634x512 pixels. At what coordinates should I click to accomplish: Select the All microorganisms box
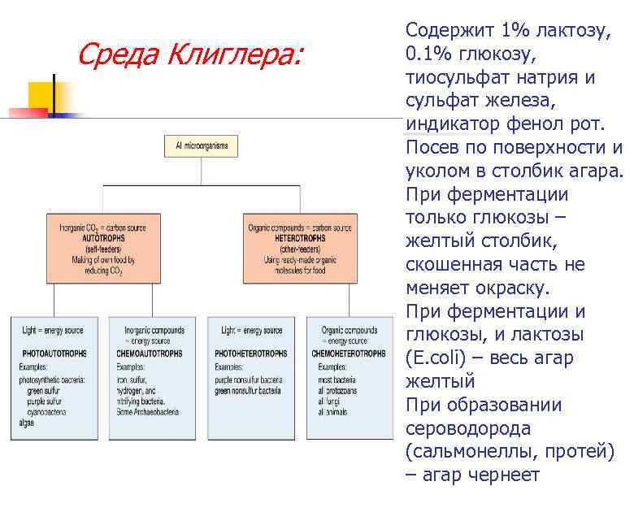(x=202, y=146)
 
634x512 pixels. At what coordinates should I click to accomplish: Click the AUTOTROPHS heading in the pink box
(x=102, y=239)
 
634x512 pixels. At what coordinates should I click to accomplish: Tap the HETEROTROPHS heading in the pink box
(x=299, y=239)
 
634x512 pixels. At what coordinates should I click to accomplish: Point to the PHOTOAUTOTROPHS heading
(x=54, y=354)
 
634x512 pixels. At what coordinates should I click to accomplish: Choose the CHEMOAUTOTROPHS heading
(x=154, y=354)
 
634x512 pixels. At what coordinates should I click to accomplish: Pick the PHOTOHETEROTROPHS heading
(x=251, y=354)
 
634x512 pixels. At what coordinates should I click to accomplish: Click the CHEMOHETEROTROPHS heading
(x=350, y=354)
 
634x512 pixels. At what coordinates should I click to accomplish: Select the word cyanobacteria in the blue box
(x=51, y=413)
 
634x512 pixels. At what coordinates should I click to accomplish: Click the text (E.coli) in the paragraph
(x=437, y=358)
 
